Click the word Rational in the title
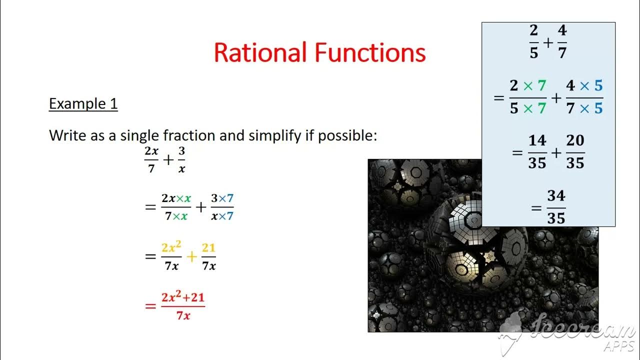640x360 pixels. point(260,53)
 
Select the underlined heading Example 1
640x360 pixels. point(83,103)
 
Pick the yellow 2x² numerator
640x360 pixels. point(171,248)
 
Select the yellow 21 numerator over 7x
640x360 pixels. point(208,248)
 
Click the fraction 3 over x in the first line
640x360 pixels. point(181,160)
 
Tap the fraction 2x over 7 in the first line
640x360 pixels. point(151,160)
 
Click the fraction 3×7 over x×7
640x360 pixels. point(222,207)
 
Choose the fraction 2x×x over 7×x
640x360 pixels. point(176,207)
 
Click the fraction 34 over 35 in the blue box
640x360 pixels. point(556,207)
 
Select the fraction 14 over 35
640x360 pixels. point(537,152)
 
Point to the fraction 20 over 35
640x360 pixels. point(575,152)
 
